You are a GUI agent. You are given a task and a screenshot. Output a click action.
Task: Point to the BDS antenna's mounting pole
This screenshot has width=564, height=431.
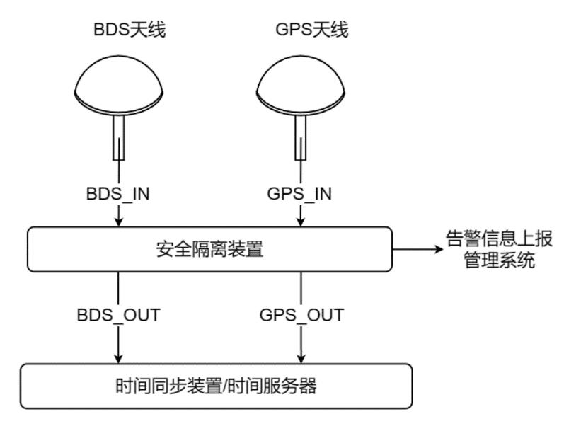point(118,137)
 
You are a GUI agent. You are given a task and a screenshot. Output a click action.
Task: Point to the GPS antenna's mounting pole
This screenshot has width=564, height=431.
point(301,137)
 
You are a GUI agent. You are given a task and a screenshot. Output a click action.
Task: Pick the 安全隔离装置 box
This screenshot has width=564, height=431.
point(209,249)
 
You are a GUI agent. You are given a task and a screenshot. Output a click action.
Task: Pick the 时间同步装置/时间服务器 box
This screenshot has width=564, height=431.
point(216,386)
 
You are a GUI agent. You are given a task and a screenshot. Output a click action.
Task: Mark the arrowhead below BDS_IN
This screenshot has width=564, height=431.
point(118,222)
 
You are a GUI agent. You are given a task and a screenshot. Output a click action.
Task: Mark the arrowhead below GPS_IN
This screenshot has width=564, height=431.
point(301,222)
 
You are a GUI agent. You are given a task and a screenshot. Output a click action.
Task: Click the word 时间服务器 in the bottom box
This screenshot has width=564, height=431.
point(273,386)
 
